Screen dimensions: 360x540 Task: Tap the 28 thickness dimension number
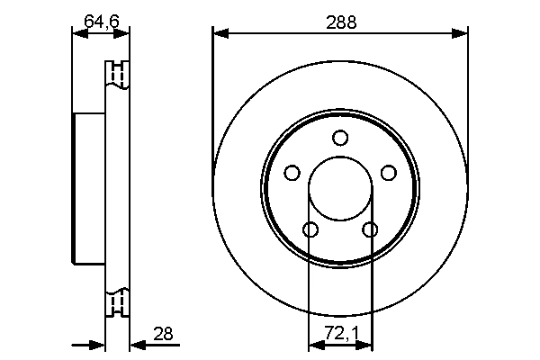tap(163, 334)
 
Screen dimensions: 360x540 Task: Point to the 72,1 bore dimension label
tap(340, 334)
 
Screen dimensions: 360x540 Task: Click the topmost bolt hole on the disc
tap(340, 138)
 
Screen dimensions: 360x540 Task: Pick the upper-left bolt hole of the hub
tap(292, 173)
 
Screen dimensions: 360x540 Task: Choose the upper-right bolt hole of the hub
tap(389, 173)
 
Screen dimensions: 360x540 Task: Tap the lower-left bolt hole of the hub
tap(310, 230)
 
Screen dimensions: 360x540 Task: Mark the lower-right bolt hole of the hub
tap(370, 230)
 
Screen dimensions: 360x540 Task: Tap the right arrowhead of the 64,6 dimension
tap(123, 35)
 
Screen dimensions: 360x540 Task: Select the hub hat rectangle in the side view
tap(89, 190)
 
